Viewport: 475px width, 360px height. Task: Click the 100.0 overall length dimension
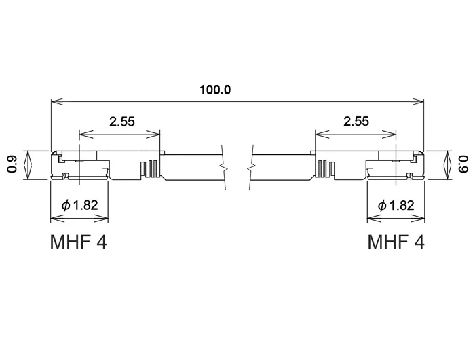(215, 90)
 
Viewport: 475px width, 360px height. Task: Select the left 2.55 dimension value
(121, 122)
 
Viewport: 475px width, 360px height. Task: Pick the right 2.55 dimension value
(356, 122)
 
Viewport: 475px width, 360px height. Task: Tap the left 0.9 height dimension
(12, 164)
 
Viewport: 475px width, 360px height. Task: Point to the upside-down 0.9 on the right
(463, 164)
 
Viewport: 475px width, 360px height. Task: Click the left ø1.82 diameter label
(79, 205)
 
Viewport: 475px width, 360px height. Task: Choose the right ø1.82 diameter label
(396, 206)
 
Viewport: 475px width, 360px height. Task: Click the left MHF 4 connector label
(79, 242)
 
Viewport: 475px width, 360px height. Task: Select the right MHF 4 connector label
(396, 242)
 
